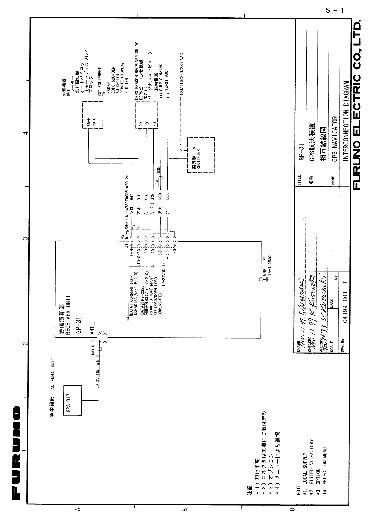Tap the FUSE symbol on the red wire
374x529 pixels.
(161, 182)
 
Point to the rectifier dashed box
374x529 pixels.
(201, 155)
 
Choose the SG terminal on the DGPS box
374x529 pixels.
(140, 124)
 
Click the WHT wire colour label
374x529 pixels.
(132, 197)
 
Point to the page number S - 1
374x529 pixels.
(334, 10)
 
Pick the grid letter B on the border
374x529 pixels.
(185, 518)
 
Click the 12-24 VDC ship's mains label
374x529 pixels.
(167, 84)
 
